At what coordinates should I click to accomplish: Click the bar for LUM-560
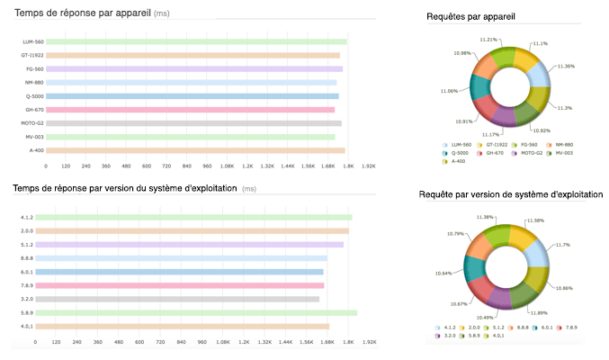point(195,41)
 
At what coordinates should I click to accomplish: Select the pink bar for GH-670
point(190,110)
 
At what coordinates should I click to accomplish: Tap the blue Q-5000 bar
point(192,96)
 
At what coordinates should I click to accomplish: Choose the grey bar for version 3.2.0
point(176,299)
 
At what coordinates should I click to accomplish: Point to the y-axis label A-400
point(35,150)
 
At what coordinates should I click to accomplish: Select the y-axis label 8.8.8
point(28,258)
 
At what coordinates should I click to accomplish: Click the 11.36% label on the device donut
point(567,66)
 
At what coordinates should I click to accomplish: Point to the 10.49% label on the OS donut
point(486,317)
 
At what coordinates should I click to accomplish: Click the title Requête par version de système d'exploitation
point(511,194)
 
